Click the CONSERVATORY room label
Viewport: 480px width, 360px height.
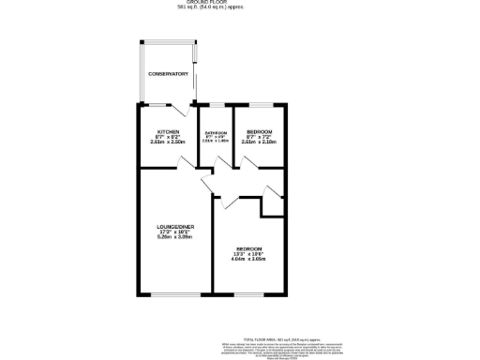click(x=170, y=74)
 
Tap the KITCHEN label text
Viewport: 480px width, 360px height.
click(x=169, y=130)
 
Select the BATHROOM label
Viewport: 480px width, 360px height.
click(x=217, y=133)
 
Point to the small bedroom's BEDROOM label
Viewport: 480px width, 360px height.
click(x=260, y=130)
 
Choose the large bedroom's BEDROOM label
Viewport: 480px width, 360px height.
click(x=249, y=248)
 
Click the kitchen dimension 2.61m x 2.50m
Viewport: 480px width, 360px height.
click(x=169, y=142)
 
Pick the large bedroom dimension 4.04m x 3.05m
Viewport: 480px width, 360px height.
click(x=249, y=260)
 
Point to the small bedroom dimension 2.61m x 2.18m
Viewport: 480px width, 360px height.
click(x=260, y=142)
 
